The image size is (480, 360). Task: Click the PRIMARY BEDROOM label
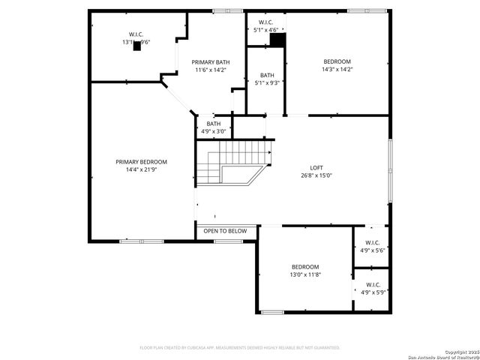point(141,162)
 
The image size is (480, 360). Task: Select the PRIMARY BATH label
point(210,62)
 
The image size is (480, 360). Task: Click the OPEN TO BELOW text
point(225,231)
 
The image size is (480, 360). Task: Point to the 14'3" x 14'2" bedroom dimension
point(337,70)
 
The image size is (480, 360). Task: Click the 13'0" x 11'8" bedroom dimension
point(305,275)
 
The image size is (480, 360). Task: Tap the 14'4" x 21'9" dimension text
point(141,170)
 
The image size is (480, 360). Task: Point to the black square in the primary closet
point(136,46)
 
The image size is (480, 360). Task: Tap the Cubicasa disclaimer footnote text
point(240,348)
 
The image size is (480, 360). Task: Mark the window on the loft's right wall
point(389,170)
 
